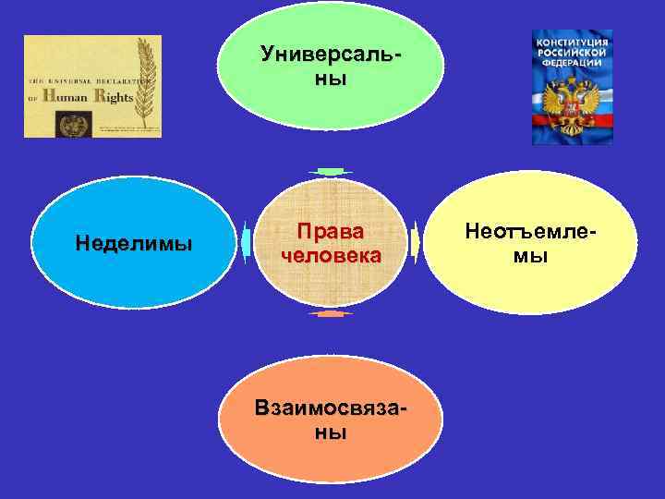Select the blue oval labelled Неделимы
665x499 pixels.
(134, 242)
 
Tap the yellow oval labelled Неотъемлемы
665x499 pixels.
(530, 242)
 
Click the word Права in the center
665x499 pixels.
(330, 231)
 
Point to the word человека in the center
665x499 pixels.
(330, 255)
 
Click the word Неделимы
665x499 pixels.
(134, 244)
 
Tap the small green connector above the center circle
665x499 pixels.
(330, 172)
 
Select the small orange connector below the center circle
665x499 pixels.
(330, 314)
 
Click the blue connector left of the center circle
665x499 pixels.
(246, 242)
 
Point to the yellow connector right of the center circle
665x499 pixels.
(415, 242)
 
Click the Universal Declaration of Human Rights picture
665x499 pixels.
(92, 86)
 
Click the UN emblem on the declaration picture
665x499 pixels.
(67, 123)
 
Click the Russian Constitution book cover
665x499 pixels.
(572, 86)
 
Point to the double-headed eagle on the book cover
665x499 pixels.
(572, 104)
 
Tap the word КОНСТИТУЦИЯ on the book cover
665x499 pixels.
(573, 43)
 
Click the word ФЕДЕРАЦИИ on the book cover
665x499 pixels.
(573, 65)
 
